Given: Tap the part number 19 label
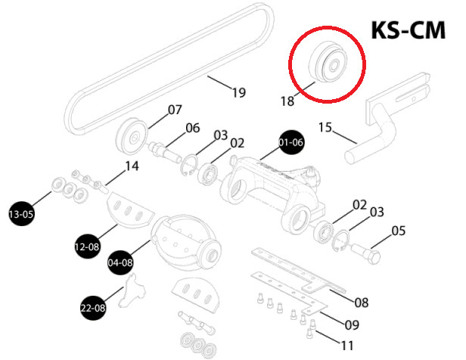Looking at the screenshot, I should pyautogui.click(x=238, y=93).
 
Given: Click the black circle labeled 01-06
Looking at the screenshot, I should pyautogui.click(x=290, y=142).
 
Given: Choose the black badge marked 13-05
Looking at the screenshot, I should pyautogui.click(x=21, y=212).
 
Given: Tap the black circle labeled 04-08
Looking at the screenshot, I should pyautogui.click(x=121, y=262).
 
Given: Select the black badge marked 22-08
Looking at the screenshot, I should pyautogui.click(x=93, y=307).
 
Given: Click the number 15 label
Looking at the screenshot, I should pyautogui.click(x=324, y=129).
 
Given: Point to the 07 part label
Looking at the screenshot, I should pyautogui.click(x=175, y=110).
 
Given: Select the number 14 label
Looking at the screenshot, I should pyautogui.click(x=132, y=166).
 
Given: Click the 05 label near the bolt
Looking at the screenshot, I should pyautogui.click(x=399, y=231).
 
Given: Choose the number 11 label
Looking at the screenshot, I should pyautogui.click(x=347, y=345).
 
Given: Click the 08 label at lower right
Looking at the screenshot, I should pyautogui.click(x=361, y=303).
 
